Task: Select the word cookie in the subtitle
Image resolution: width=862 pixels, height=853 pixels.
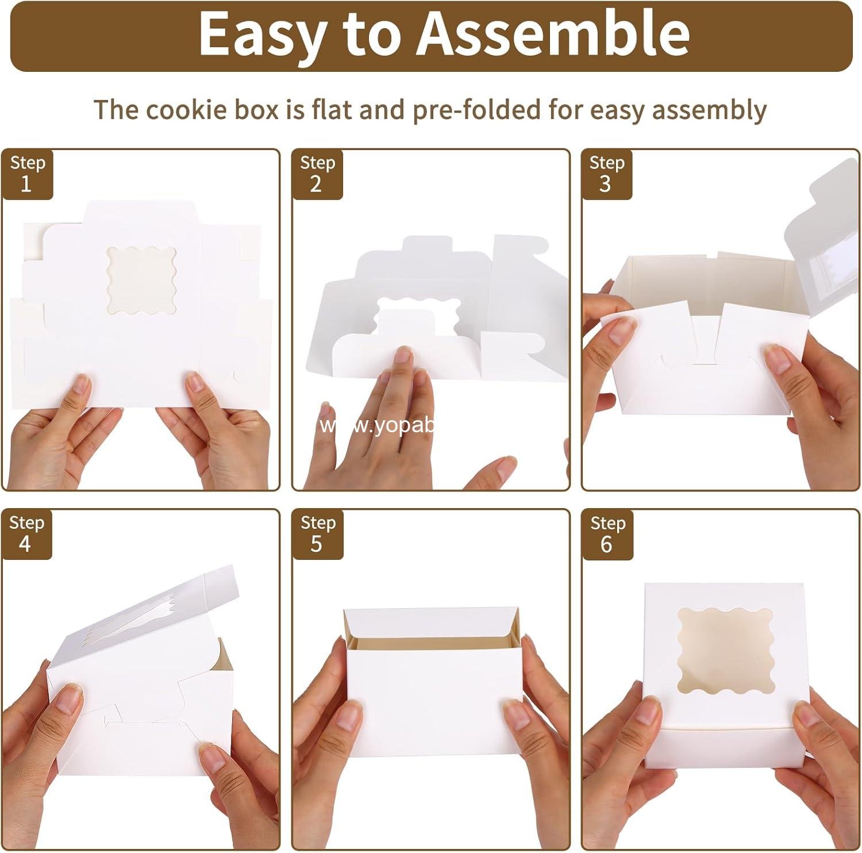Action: click(x=189, y=109)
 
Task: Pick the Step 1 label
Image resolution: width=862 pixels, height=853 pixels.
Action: click(x=27, y=174)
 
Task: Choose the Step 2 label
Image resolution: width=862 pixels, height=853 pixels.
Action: click(x=317, y=174)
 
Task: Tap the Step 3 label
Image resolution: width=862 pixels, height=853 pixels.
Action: click(x=607, y=174)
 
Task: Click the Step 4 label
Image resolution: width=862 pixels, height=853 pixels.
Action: click(x=26, y=533)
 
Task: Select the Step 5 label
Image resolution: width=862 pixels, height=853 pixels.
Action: click(x=317, y=533)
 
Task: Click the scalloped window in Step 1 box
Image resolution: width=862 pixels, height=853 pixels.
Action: click(x=141, y=280)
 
